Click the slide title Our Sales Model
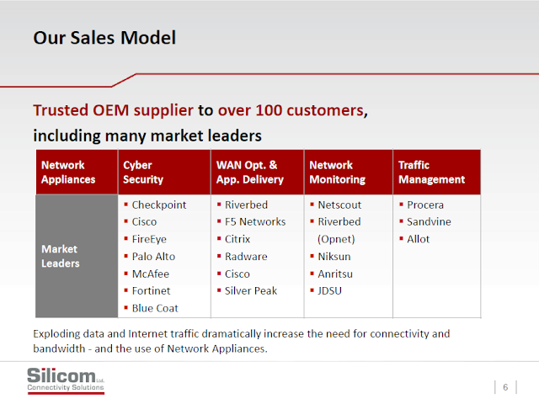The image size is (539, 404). [104, 37]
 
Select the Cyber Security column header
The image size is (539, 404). [143, 172]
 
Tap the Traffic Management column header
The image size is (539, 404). [431, 172]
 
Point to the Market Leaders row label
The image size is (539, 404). [60, 256]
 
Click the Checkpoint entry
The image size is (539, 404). [159, 205]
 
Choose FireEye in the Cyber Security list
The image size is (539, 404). [149, 239]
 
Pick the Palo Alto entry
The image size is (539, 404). [153, 256]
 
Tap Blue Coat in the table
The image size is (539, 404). [155, 308]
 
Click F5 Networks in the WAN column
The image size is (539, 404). [255, 221]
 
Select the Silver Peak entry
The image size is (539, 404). [251, 290]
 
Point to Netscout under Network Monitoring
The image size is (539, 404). [339, 205]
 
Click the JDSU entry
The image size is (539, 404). [329, 290]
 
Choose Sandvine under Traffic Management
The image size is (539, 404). [429, 221]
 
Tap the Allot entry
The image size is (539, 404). [418, 239]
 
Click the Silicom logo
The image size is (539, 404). [66, 380]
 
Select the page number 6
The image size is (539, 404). [505, 387]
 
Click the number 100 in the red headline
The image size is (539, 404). [269, 110]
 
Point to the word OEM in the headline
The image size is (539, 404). [110, 110]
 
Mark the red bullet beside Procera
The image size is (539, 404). [401, 205]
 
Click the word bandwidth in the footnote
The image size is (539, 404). [59, 348]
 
